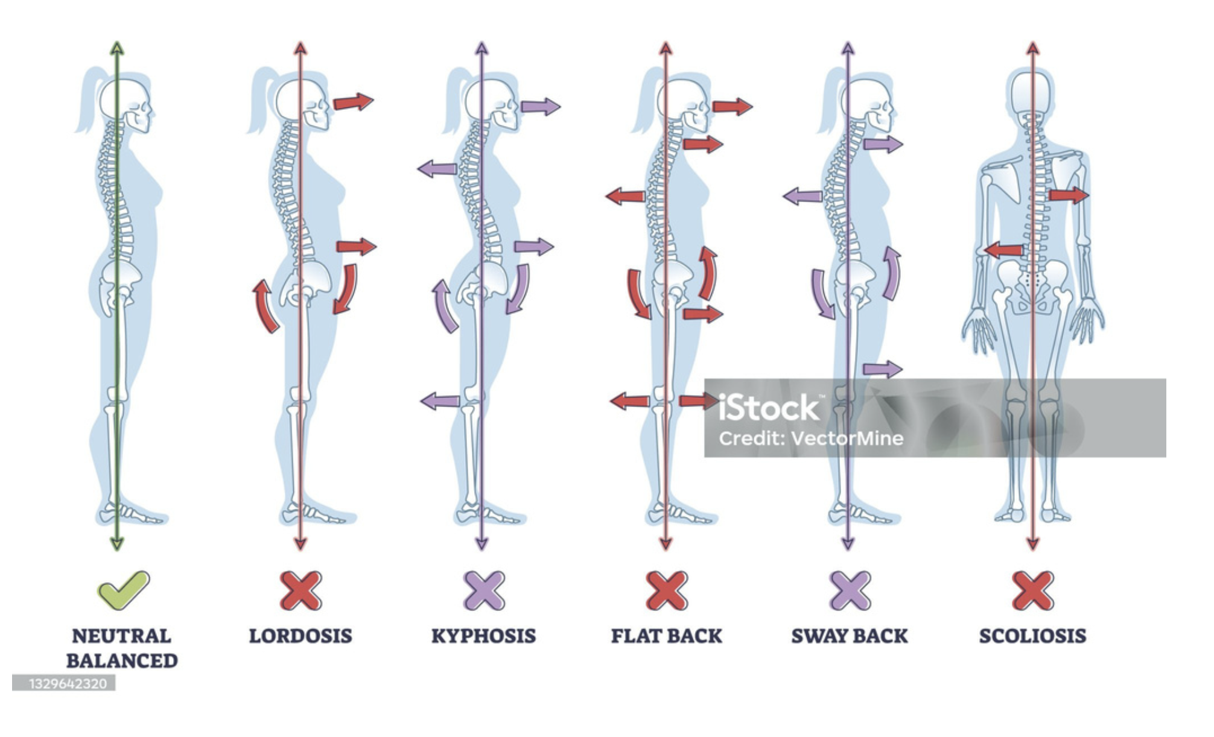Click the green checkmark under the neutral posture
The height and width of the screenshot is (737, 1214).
[123, 590]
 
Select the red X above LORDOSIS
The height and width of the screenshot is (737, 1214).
[300, 590]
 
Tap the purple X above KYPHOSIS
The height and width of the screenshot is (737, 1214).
[484, 590]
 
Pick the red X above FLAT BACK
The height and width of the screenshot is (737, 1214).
[666, 590]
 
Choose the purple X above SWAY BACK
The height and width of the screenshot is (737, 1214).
[850, 590]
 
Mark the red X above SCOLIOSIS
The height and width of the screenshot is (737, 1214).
[1033, 590]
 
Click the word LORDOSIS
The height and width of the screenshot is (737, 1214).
[300, 636]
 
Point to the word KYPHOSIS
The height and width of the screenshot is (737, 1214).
[483, 636]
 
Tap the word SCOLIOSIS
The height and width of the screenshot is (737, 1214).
[1032, 636]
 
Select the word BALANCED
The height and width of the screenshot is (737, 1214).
[122, 660]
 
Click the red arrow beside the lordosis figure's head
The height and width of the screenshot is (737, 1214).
[353, 101]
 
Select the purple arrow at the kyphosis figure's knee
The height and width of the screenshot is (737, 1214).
[440, 400]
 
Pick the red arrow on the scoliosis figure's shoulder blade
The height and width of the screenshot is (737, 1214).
[1069, 195]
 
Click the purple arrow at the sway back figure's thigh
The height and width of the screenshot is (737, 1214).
[882, 368]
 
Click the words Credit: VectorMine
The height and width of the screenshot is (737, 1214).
[811, 438]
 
